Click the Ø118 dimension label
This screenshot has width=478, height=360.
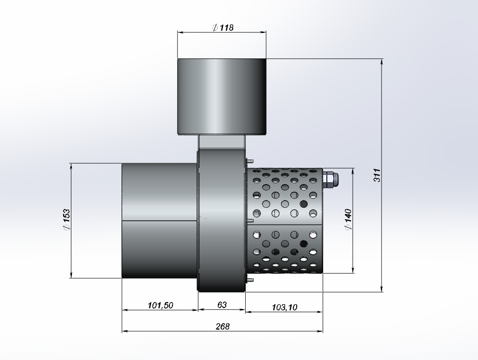(223, 27)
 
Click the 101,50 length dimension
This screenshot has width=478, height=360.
(160, 305)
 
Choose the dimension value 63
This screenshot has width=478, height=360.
(222, 305)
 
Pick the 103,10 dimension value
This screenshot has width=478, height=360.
(284, 307)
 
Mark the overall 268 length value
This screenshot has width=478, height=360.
(223, 326)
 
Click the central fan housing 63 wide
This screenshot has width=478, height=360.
(221, 218)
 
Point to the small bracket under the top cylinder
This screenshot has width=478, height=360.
(221, 141)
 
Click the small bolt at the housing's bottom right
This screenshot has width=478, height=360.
(250, 280)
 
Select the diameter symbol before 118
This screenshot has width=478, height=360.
(215, 27)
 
